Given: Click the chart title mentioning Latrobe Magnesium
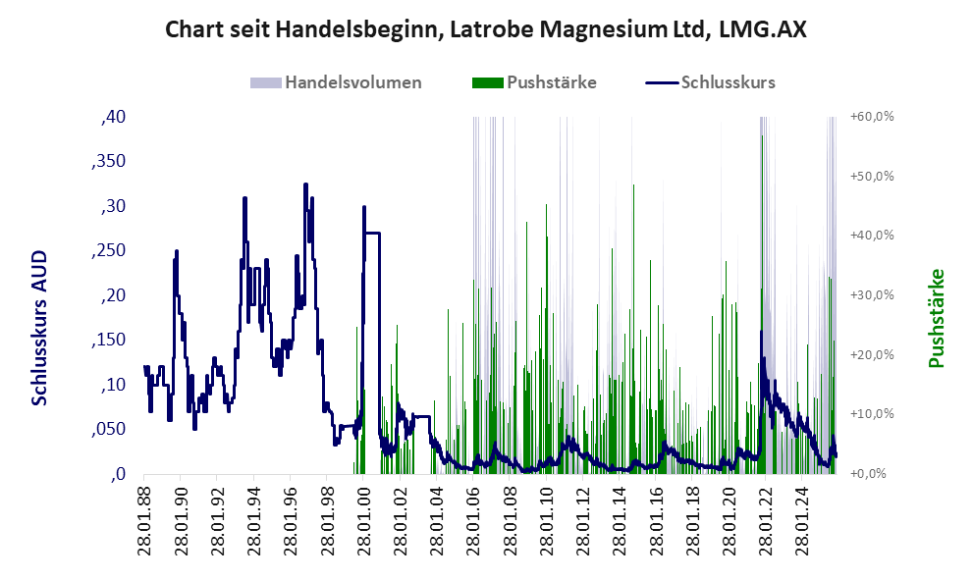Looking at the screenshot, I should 486,29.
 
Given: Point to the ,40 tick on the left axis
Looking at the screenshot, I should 113,117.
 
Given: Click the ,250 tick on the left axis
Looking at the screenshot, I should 108,250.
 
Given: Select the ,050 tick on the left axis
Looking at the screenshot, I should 108,429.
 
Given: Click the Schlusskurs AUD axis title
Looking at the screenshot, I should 40,327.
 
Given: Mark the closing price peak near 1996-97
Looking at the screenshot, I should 305,185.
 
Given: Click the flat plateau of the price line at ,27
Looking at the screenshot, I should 372,233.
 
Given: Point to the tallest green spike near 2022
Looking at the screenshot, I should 762,137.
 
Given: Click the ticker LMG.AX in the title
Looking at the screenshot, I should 763,29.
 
